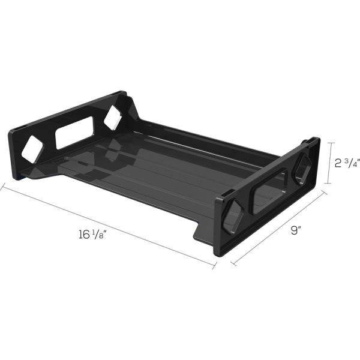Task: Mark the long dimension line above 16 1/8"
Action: tap(108, 224)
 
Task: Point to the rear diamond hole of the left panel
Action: tap(112, 118)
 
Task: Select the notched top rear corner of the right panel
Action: tap(312, 142)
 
